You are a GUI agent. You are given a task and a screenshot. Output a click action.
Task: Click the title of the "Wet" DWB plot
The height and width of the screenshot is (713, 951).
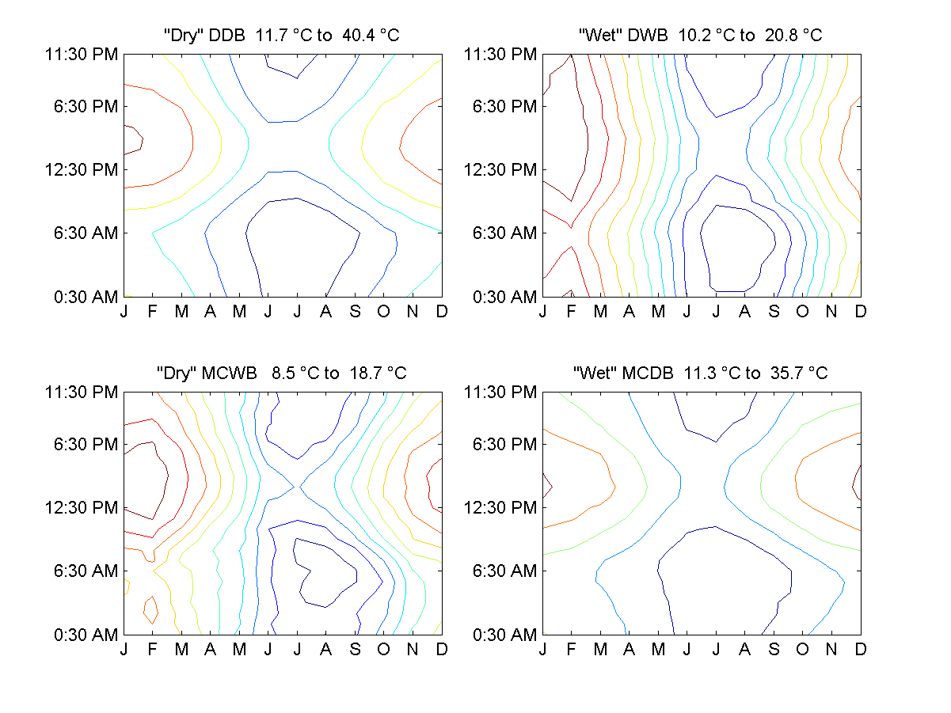700,35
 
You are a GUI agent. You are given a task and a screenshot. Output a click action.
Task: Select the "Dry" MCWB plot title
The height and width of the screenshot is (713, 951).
281,373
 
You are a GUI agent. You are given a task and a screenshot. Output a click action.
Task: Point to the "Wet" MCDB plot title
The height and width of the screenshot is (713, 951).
700,373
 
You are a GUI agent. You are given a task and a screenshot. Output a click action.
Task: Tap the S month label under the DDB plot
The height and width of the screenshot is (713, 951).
355,312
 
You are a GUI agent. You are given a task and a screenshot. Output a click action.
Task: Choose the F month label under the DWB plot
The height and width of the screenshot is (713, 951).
572,312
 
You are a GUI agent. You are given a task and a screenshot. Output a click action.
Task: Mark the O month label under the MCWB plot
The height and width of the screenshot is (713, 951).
384,650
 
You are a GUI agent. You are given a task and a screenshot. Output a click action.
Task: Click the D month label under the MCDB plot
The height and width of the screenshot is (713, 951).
861,650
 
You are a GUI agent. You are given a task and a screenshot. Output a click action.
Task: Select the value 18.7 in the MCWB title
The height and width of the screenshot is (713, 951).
359,373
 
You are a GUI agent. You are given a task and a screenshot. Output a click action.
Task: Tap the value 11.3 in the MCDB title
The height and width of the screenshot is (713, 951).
699,373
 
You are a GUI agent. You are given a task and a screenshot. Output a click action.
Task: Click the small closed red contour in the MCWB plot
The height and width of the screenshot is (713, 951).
150,609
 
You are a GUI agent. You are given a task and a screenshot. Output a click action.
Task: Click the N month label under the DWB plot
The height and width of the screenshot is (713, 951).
831,312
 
